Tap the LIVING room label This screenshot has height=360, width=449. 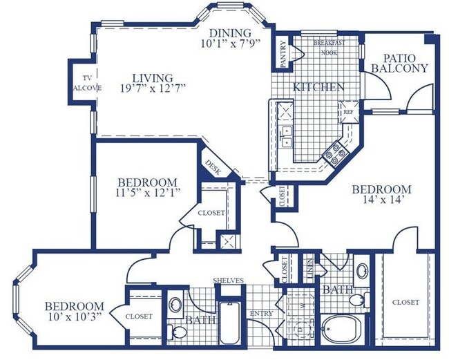(153, 77)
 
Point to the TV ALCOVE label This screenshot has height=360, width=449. (88, 82)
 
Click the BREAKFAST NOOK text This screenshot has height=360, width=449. (329, 48)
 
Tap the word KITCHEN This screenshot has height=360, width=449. (318, 88)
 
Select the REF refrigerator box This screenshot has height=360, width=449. (348, 111)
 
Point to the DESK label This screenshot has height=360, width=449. (212, 168)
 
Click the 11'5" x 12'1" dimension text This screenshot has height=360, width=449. (149, 193)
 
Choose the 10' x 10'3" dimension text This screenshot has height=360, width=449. (75, 317)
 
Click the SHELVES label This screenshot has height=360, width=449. (228, 281)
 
